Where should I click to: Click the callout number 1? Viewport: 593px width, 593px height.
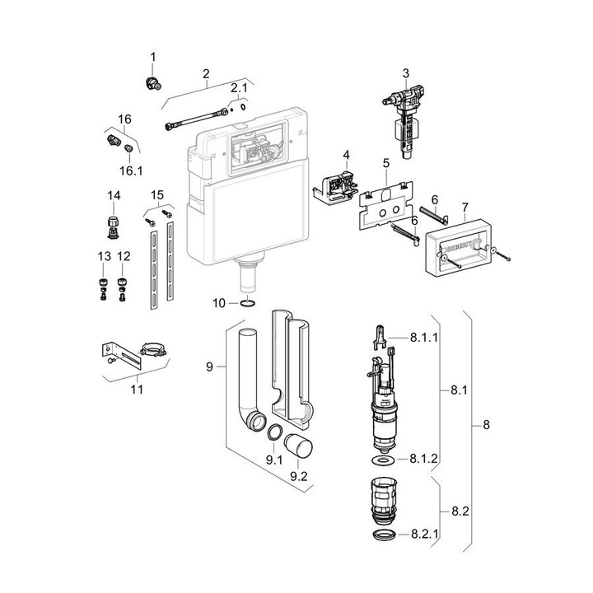(153, 57)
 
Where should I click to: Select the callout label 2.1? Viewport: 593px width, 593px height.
(239, 88)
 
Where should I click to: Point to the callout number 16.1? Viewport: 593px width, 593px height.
(131, 171)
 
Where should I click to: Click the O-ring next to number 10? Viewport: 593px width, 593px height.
(248, 303)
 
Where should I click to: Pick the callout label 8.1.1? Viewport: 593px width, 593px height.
(424, 337)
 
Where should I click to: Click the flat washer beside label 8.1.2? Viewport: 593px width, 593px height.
(384, 460)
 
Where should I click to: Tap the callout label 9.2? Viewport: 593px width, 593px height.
(298, 477)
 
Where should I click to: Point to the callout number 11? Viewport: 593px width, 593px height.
(137, 389)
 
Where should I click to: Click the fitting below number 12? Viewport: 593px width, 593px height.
(122, 289)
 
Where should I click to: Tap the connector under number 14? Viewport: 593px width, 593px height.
(113, 227)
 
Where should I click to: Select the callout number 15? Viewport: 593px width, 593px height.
(157, 195)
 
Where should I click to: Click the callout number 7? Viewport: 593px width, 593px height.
(465, 208)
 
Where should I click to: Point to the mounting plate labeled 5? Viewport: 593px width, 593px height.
(385, 207)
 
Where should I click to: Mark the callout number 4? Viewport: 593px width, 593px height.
(346, 155)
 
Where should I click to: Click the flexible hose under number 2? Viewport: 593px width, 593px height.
(197, 119)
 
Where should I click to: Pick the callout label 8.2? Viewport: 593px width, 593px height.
(460, 511)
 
